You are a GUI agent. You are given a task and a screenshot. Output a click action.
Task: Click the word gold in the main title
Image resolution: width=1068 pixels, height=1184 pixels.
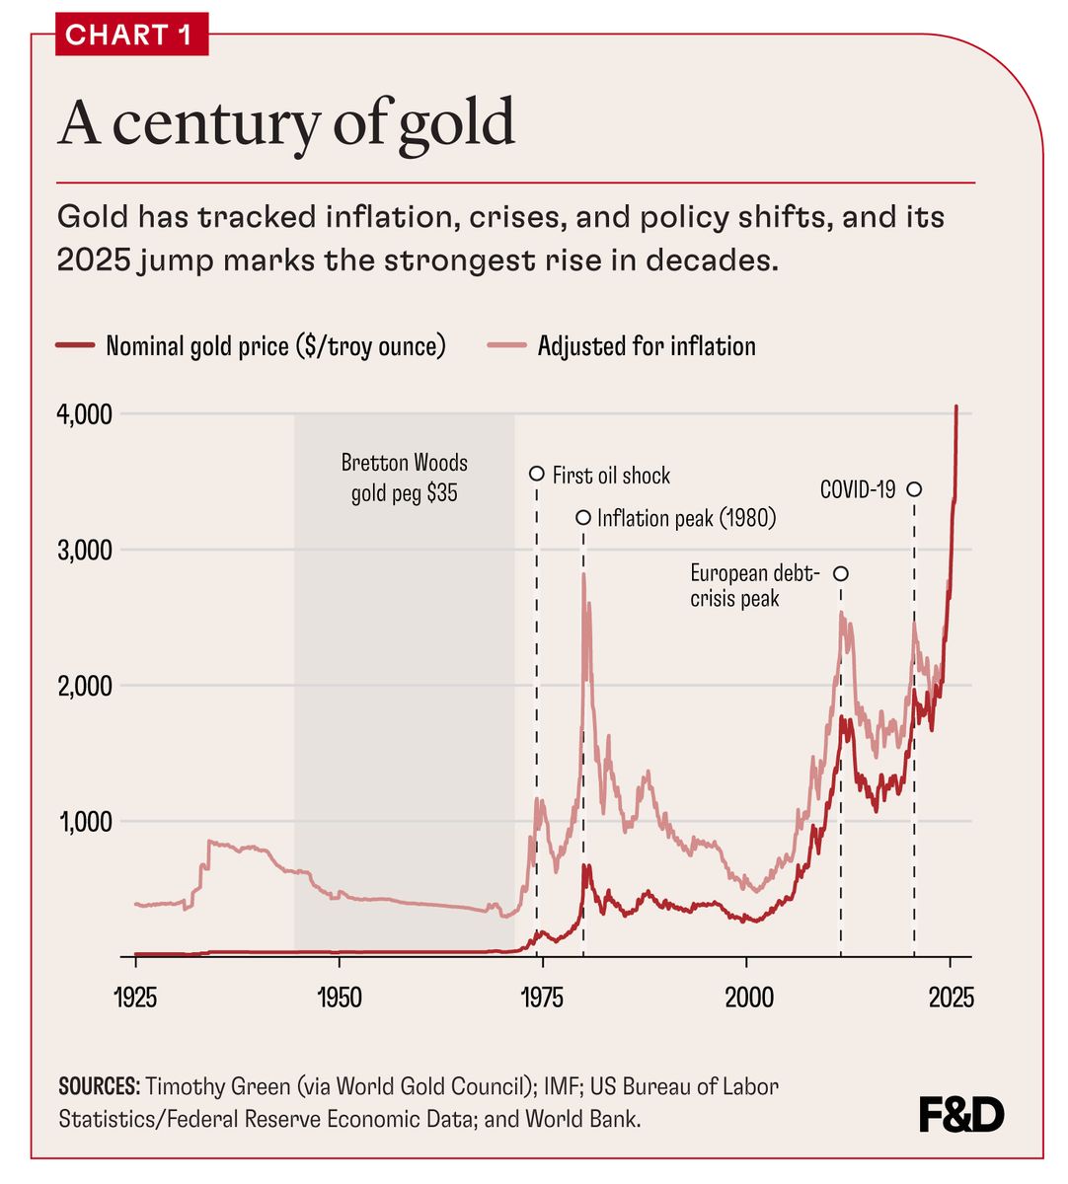pyautogui.click(x=457, y=122)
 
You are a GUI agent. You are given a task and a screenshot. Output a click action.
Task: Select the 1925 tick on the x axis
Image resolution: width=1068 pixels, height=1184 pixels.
pyautogui.click(x=135, y=997)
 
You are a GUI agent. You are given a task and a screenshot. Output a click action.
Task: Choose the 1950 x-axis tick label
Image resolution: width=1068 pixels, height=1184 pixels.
pyautogui.click(x=340, y=997)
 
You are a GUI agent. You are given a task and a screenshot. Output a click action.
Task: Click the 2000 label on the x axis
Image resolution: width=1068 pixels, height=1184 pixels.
pyautogui.click(x=748, y=997)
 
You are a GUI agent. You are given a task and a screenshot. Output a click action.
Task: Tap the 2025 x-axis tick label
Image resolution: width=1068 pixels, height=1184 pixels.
pyautogui.click(x=951, y=997)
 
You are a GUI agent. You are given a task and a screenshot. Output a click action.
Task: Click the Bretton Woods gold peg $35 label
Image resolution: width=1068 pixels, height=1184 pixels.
pyautogui.click(x=405, y=478)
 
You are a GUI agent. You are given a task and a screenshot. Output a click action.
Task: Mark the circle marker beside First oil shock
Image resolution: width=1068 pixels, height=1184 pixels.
pyautogui.click(x=537, y=474)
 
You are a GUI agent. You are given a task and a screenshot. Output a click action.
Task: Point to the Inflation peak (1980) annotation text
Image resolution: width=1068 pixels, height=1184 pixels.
pyautogui.click(x=686, y=518)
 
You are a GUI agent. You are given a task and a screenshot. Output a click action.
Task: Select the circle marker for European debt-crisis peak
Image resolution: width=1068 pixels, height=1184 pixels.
pyautogui.click(x=841, y=574)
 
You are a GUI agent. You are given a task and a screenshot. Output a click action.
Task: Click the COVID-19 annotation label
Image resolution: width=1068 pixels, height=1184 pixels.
pyautogui.click(x=858, y=489)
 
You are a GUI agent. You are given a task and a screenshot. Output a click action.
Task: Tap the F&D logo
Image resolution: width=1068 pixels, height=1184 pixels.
pyautogui.click(x=960, y=1115)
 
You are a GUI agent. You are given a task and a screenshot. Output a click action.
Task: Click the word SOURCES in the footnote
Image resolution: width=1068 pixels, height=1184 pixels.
pyautogui.click(x=99, y=1087)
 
